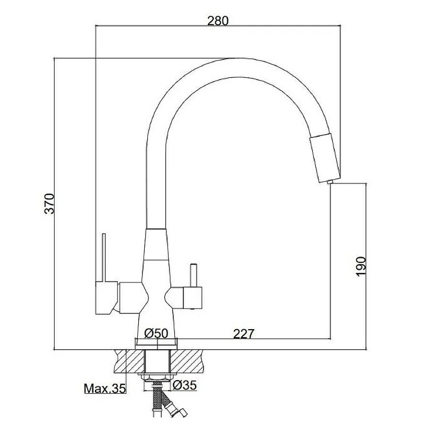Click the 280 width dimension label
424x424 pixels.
pyautogui.click(x=218, y=21)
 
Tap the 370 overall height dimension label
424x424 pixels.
pyautogui.click(x=49, y=204)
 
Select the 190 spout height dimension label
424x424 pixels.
pyautogui.click(x=361, y=267)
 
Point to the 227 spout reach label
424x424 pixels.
pyautogui.click(x=244, y=334)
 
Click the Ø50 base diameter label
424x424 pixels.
pyautogui.click(x=156, y=333)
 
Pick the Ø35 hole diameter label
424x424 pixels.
pyautogui.click(x=184, y=385)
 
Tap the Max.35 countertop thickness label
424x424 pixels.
pyautogui.click(x=105, y=389)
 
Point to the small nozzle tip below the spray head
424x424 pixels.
pyautogui.click(x=329, y=182)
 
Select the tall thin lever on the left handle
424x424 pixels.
pyautogui.click(x=103, y=258)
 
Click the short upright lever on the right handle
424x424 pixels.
pyautogui.click(x=193, y=276)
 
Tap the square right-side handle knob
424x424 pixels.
pyautogui.click(x=192, y=298)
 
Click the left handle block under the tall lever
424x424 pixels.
pyautogui.click(x=107, y=298)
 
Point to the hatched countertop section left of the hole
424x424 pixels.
pyautogui.click(x=130, y=361)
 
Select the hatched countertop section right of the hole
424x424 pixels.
pyautogui.click(x=187, y=361)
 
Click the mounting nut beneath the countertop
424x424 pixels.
pyautogui.click(x=157, y=377)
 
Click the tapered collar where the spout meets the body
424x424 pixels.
pyautogui.click(x=156, y=244)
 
